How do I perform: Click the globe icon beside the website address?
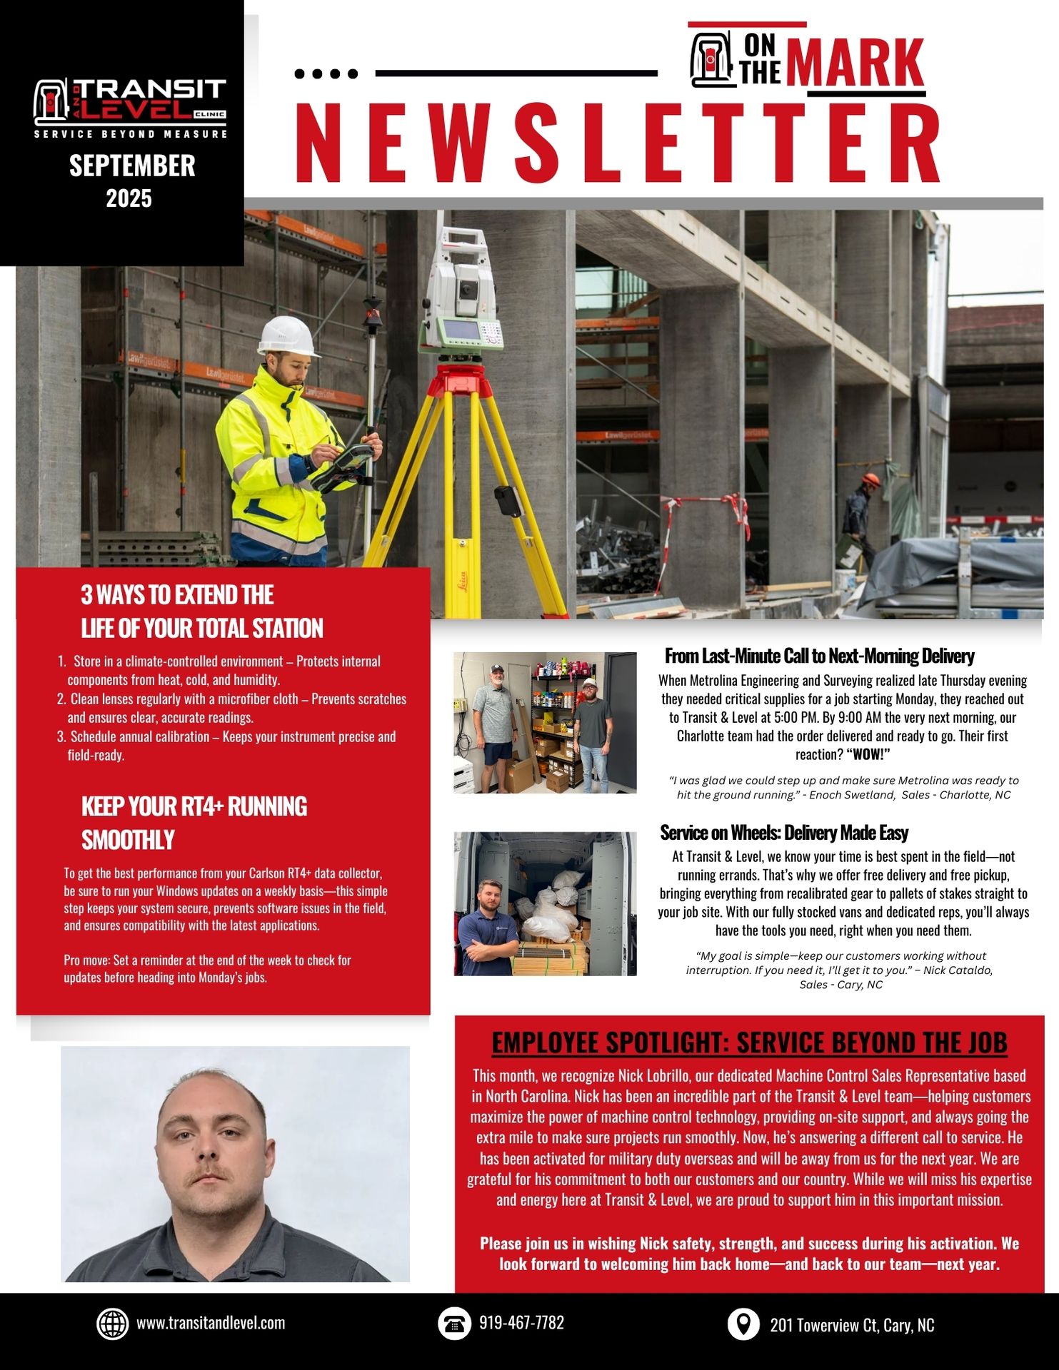[x=112, y=1324]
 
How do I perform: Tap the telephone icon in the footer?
[x=454, y=1324]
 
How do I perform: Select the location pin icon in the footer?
[x=743, y=1324]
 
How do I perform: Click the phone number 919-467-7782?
[x=521, y=1323]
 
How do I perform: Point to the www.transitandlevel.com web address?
[x=211, y=1323]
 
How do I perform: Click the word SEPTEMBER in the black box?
[x=132, y=166]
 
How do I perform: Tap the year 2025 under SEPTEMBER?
[x=129, y=198]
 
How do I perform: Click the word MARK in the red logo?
[x=858, y=64]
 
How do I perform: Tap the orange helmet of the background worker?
[x=870, y=479]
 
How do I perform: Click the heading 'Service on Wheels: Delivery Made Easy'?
[x=784, y=833]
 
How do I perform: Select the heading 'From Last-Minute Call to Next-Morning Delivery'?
[x=819, y=656]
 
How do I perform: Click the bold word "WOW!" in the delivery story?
[x=868, y=755]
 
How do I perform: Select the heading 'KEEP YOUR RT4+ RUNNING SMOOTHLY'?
[x=194, y=823]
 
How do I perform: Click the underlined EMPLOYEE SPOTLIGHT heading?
[x=749, y=1042]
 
